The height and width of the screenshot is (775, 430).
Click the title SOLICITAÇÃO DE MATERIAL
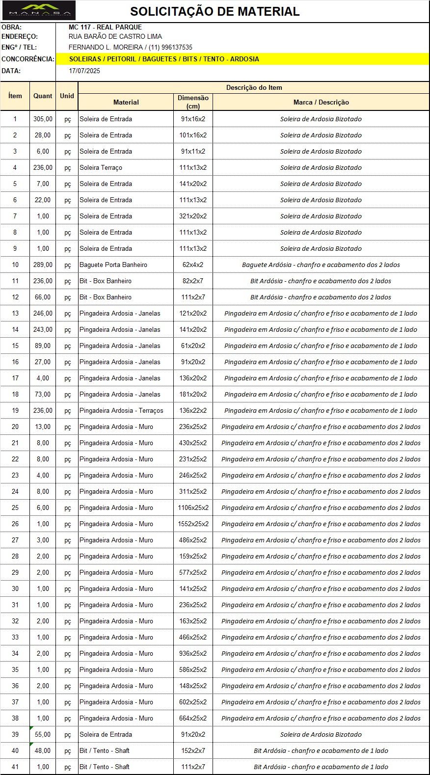(215, 12)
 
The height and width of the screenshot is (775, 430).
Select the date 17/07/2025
(84, 71)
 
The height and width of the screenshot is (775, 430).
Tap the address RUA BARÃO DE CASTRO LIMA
(115, 36)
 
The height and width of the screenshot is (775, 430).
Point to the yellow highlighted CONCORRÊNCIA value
(164, 59)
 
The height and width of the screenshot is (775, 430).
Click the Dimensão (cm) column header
(193, 102)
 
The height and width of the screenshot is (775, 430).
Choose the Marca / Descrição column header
(321, 102)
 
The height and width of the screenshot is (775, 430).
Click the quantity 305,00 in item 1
(43, 119)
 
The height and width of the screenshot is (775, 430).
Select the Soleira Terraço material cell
(101, 167)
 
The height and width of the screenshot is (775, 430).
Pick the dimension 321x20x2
(193, 216)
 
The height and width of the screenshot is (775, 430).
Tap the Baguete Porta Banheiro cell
(113, 265)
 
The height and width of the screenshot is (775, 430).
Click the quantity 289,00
(43, 265)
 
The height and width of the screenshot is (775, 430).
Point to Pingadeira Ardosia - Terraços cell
(121, 410)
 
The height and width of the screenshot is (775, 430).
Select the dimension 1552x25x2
(193, 524)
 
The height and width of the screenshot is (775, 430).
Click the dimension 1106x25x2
(193, 508)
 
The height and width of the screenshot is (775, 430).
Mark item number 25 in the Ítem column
(15, 508)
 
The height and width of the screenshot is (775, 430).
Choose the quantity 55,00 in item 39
(43, 734)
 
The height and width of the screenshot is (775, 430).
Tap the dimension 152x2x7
(193, 750)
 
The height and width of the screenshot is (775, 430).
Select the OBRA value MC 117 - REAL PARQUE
(105, 27)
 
